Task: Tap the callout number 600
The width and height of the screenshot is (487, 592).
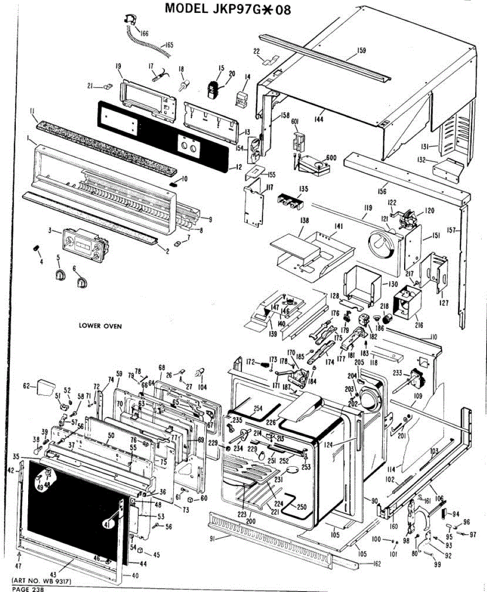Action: [331, 157]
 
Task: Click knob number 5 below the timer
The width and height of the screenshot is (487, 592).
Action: [59, 274]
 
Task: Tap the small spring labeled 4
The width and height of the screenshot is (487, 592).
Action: [36, 246]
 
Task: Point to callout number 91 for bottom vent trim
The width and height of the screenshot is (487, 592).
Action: [214, 539]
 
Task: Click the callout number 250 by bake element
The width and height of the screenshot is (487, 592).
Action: [301, 507]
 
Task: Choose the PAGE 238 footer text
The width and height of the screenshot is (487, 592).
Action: [28, 589]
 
